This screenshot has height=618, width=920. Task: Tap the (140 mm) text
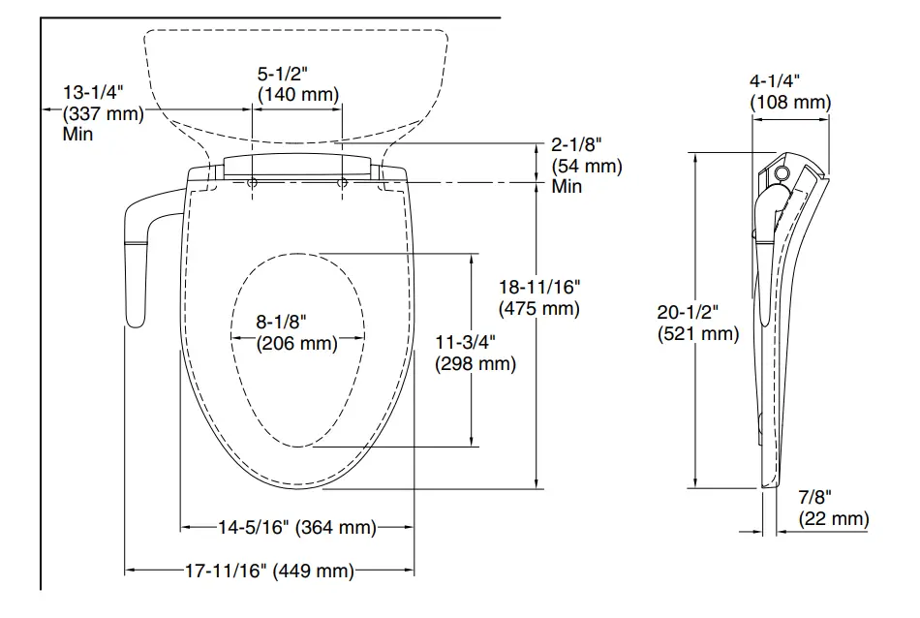pos(297,94)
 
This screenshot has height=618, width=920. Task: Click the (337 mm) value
pos(103,113)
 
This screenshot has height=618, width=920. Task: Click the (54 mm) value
pos(587,166)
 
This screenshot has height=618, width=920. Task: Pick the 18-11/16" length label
pos(538,288)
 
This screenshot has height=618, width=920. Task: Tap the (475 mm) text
pos(538,309)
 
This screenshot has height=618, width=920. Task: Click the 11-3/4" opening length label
pos(466,342)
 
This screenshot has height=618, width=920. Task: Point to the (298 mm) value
pos(475,364)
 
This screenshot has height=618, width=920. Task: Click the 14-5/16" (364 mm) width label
pos(296,527)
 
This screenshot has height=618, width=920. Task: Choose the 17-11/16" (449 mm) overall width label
pos(268,571)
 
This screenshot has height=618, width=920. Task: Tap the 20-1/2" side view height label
pos(688,312)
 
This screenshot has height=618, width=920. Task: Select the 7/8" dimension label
pos(814,497)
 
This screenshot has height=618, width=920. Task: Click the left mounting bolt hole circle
pos(252,182)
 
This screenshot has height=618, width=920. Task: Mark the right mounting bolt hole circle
pos(342,182)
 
